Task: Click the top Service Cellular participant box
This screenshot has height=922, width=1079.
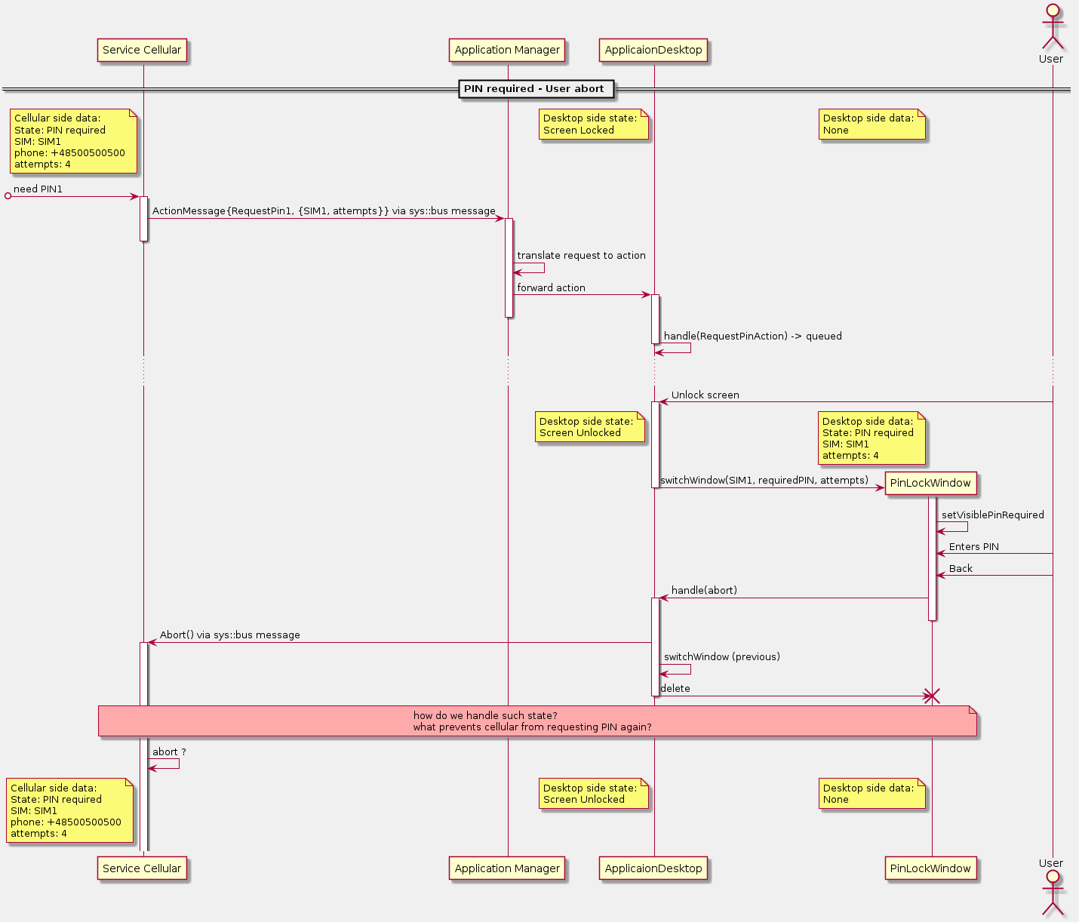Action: pos(142,51)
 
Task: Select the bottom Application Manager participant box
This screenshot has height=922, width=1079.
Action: pos(507,868)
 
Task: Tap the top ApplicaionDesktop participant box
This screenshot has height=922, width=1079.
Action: pos(653,51)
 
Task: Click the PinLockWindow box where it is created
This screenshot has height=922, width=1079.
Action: pos(930,484)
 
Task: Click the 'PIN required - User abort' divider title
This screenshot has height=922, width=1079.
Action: pos(534,89)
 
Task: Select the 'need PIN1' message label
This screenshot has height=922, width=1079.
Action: pos(38,189)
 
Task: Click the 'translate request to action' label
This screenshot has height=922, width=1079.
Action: pos(581,256)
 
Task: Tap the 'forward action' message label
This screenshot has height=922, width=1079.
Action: pos(551,288)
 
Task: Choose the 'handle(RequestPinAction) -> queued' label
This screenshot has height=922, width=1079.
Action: pos(752,337)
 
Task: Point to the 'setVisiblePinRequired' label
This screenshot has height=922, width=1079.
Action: pos(992,515)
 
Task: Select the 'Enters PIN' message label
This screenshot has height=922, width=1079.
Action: pos(973,547)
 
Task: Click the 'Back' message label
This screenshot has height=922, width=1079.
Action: pos(961,569)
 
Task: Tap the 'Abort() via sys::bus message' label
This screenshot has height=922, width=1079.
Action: pos(229,635)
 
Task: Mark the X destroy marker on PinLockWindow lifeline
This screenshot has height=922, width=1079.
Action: pos(932,696)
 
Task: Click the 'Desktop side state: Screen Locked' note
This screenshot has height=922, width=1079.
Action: pos(593,124)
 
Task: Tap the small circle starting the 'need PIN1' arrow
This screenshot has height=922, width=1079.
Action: pos(8,196)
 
